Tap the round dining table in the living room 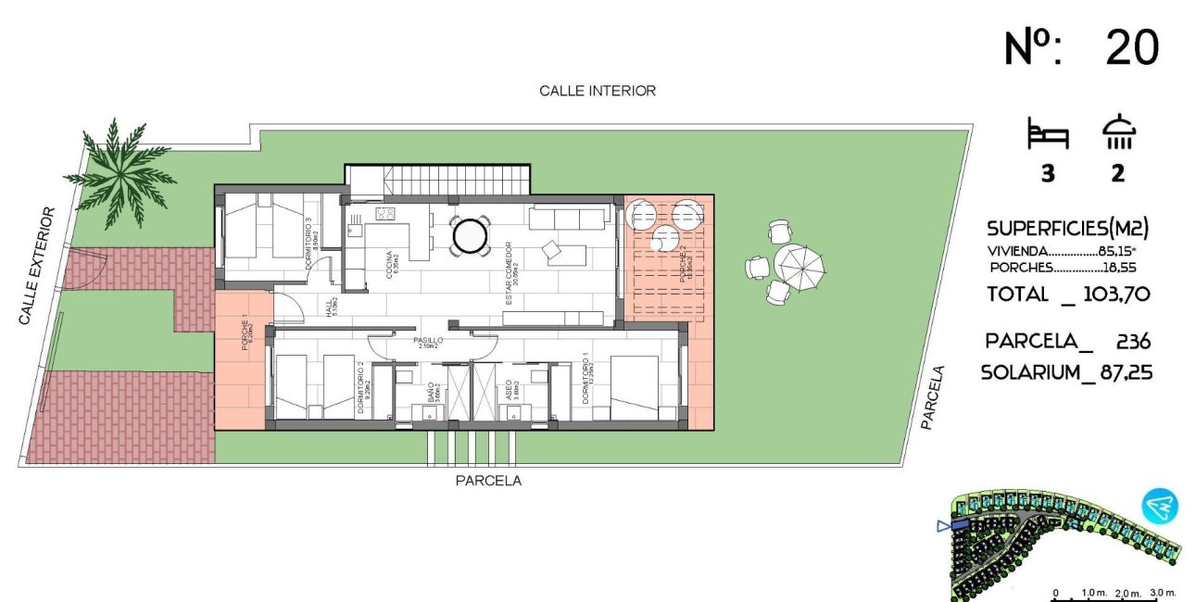click(471, 235)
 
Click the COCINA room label click(393, 270)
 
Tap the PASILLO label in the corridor click(428, 341)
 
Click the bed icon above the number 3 click(1048, 135)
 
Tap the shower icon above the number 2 click(1119, 133)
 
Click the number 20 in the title click(1132, 48)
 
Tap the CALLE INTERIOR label click(598, 91)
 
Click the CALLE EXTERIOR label click(36, 266)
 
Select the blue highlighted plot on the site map click(960, 525)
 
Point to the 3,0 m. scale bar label click(1163, 592)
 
